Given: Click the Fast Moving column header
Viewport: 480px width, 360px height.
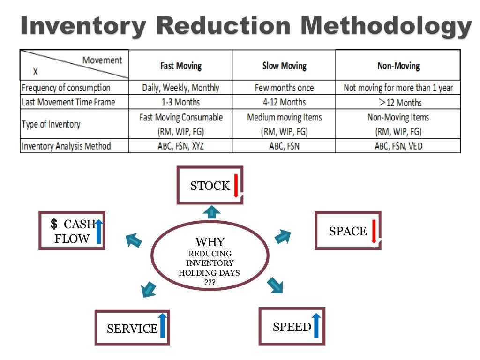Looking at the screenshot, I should coord(180,66).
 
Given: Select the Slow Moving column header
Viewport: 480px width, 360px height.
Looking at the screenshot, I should coord(284,66).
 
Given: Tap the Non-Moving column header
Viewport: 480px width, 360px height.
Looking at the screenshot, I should coord(398,66).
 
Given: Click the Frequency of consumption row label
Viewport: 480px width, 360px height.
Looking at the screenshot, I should coord(66,88).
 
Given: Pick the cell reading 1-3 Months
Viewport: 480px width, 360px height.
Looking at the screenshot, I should coord(180,102).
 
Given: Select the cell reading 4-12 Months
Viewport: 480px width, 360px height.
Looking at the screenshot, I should coord(284,102).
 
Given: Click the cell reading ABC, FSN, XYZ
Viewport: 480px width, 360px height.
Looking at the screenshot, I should coord(180,146).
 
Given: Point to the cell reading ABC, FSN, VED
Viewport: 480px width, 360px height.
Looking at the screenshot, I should coord(398,146).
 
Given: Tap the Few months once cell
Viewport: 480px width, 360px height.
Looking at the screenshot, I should coord(284,88).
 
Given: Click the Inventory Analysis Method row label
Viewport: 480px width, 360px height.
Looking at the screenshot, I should coord(66,146).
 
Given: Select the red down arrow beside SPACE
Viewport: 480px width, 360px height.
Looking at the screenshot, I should coord(374,231).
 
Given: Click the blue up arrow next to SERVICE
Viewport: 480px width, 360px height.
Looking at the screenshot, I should coord(163,326).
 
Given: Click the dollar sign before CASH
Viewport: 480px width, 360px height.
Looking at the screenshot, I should coord(54,224).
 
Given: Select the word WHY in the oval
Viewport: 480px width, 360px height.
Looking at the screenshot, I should coord(210,242).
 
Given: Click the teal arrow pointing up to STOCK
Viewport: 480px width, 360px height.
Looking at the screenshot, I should coord(211,212).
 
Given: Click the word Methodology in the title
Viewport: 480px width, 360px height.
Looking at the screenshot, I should coord(385,26).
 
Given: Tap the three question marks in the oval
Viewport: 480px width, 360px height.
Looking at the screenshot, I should coord(210,282).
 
